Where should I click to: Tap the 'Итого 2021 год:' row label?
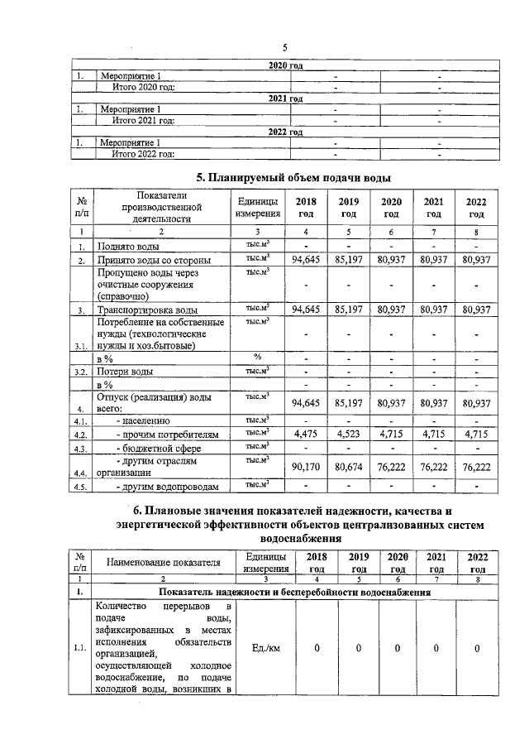tap(143, 120)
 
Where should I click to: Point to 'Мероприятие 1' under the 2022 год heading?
tap(131, 142)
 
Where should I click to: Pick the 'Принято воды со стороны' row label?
tap(153, 261)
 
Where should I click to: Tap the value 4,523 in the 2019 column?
tap(353, 433)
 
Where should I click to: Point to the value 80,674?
tap(353, 467)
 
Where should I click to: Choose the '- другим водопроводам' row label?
tap(168, 487)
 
